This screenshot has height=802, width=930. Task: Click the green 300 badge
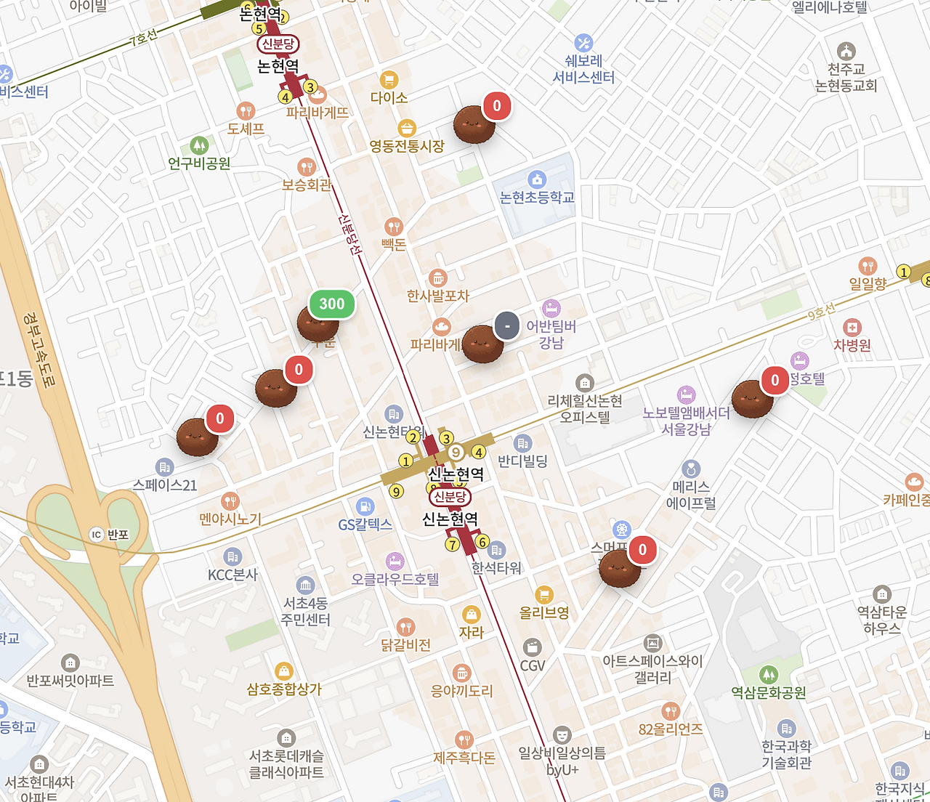coord(332,304)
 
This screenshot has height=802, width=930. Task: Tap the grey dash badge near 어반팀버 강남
coord(507,326)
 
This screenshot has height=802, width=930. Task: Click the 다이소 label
coord(389,97)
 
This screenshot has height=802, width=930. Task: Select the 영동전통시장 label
coord(407,146)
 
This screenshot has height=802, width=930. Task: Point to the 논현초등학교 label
coord(537,198)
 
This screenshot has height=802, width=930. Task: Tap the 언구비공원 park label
coord(199,163)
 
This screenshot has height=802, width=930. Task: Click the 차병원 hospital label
coord(852,345)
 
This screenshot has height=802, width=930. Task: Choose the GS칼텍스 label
coord(365,524)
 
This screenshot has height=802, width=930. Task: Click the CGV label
coord(533,665)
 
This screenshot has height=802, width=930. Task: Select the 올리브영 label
coord(544,612)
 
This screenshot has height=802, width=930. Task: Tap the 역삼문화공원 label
coord(769,692)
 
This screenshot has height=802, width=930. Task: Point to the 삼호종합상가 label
coord(284,689)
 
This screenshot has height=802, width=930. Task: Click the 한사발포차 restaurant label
coord(438,296)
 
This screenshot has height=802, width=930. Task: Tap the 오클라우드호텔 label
coord(395,579)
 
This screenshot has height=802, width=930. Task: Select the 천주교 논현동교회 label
coord(846,78)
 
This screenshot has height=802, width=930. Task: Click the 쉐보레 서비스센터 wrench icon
coord(583,43)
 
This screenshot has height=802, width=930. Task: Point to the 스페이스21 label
coord(165,485)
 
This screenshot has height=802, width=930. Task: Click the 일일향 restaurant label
coord(868,283)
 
